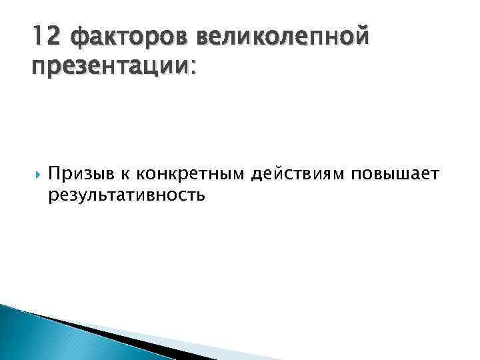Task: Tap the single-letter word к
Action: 125,175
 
